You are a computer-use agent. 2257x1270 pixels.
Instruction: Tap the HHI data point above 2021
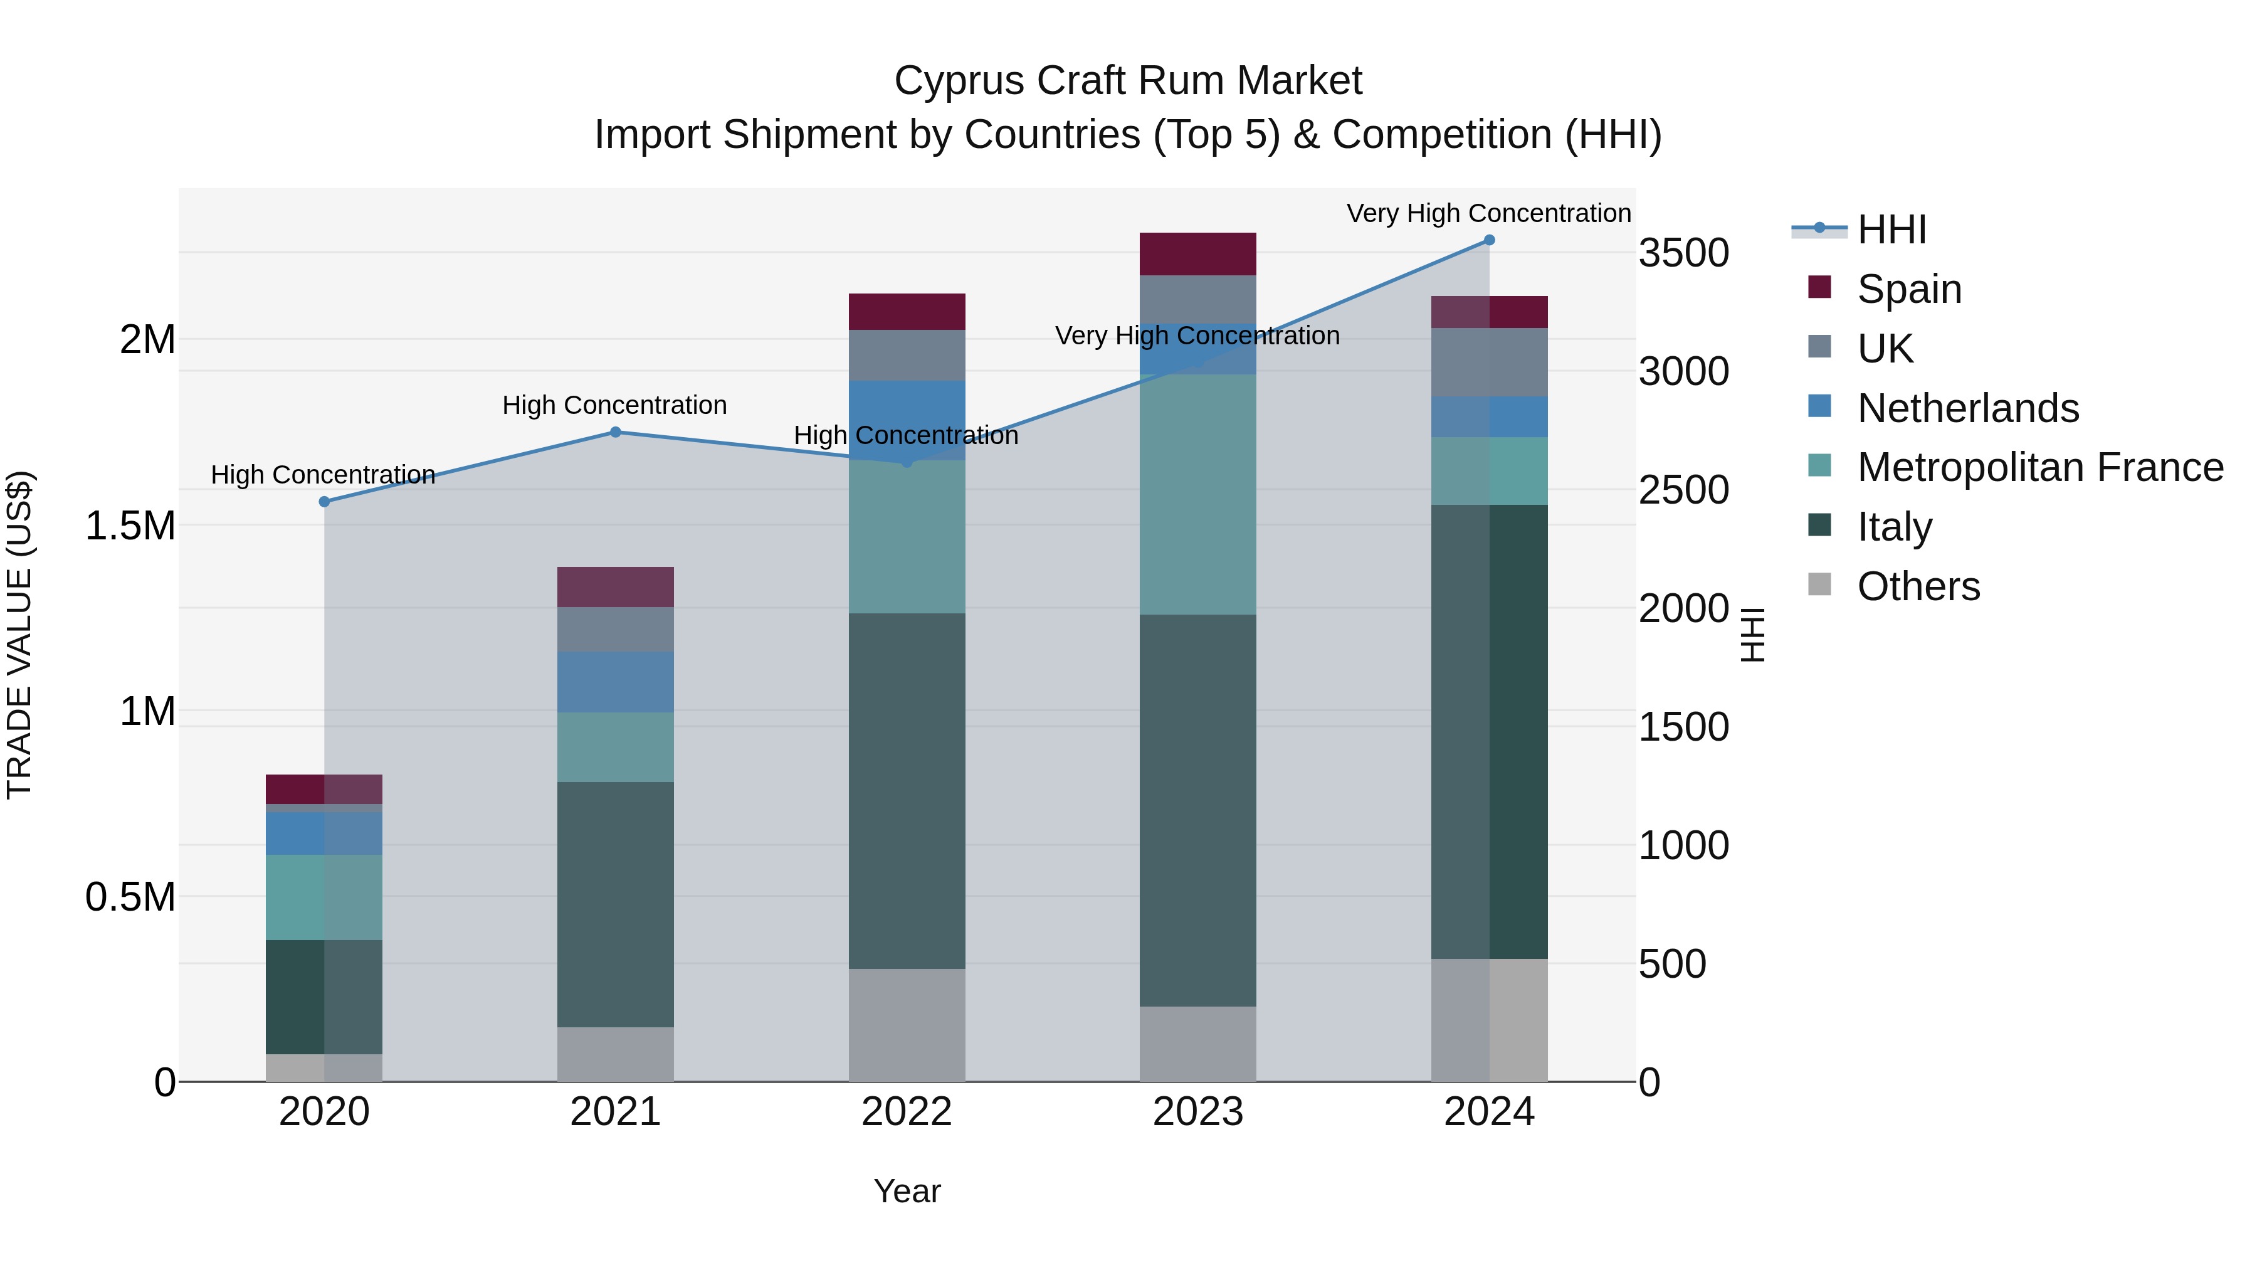tap(615, 432)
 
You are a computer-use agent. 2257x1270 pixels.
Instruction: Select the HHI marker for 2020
tap(324, 501)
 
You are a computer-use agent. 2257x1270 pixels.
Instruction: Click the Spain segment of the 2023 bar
tap(1197, 254)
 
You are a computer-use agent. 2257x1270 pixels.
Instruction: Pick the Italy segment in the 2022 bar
tap(907, 791)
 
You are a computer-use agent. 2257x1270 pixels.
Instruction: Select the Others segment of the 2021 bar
tap(615, 1054)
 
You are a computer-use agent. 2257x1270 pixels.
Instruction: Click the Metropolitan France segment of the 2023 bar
tap(1197, 494)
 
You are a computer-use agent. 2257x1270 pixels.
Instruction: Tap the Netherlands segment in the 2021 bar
tap(615, 682)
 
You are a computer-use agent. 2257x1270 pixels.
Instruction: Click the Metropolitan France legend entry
tap(2039, 468)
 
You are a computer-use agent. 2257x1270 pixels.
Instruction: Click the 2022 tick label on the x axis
tap(907, 1112)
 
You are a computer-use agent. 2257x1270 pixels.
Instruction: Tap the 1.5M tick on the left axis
tap(130, 526)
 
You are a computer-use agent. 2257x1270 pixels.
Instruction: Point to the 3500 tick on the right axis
tap(1683, 253)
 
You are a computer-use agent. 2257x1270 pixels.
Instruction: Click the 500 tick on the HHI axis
tap(1671, 964)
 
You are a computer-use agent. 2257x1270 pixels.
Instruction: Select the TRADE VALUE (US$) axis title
tap(19, 635)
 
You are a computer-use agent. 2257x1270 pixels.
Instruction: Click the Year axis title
tap(907, 1191)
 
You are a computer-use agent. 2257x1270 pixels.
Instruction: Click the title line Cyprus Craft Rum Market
tap(1128, 81)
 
